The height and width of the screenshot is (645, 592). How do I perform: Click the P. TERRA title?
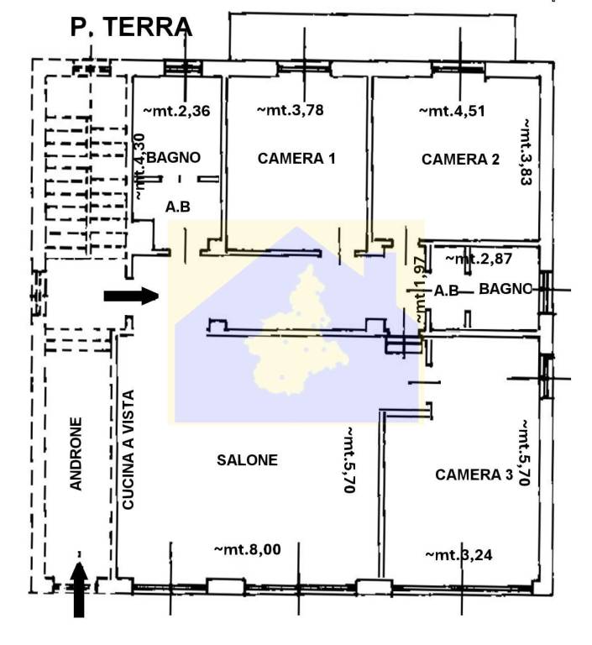(131, 28)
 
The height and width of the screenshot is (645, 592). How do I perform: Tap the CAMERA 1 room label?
(296, 158)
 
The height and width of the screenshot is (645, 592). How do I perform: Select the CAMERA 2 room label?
(460, 159)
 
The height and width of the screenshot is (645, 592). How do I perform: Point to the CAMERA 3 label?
(474, 475)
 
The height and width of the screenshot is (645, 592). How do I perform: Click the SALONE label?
(247, 459)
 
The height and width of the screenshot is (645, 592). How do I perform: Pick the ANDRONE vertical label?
(76, 454)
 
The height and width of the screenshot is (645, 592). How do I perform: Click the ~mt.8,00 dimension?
(248, 549)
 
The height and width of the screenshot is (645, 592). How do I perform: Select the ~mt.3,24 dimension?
(458, 554)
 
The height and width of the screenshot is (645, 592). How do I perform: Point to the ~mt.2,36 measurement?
(176, 109)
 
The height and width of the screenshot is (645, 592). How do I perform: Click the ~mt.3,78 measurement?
(290, 109)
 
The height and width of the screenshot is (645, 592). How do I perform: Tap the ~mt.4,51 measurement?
(453, 109)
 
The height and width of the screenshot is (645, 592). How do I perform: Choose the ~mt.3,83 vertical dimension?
(526, 151)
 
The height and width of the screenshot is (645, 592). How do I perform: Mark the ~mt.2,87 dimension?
(479, 258)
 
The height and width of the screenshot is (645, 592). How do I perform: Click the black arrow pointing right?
(131, 296)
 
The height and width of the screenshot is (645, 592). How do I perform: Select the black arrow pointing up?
(79, 590)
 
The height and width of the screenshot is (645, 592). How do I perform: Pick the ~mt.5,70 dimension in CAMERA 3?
(522, 453)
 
